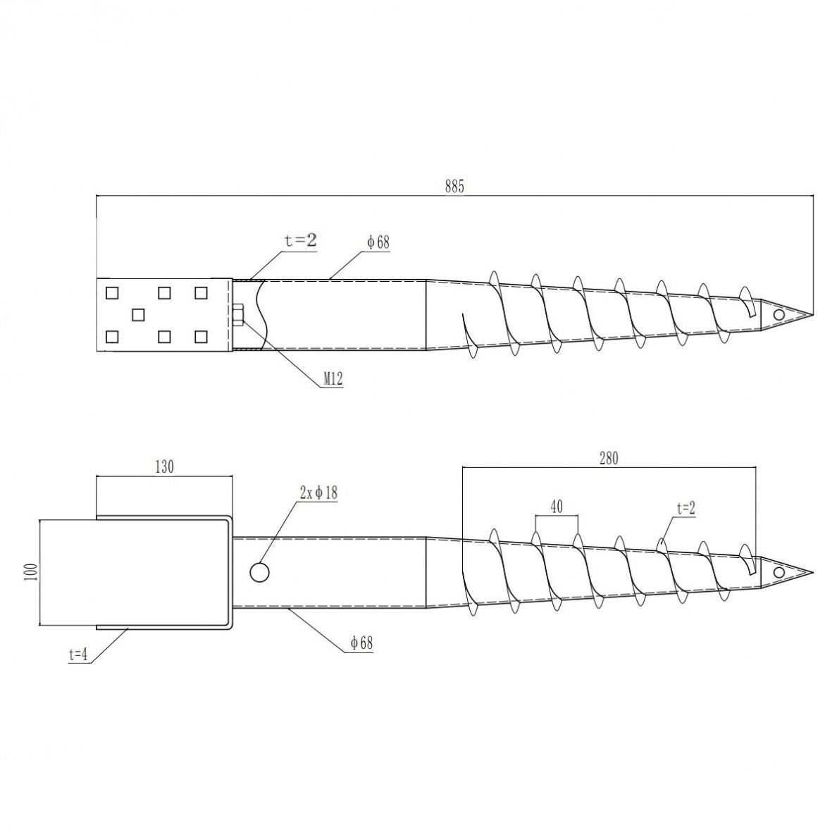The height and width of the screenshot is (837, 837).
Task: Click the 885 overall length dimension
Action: click(x=455, y=186)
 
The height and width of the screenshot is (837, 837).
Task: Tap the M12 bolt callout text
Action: click(x=333, y=378)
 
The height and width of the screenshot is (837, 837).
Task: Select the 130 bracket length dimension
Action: click(x=164, y=466)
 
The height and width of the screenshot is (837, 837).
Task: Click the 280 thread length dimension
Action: click(x=609, y=458)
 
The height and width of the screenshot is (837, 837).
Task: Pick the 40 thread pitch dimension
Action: click(x=556, y=506)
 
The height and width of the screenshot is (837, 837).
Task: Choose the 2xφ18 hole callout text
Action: click(x=318, y=492)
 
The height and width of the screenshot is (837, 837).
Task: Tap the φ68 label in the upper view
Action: click(x=378, y=242)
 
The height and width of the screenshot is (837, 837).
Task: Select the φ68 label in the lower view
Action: click(x=361, y=643)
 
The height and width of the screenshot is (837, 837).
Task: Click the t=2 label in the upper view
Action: click(x=301, y=240)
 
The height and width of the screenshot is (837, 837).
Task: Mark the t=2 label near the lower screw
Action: click(x=686, y=508)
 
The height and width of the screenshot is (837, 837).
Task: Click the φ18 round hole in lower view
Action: click(x=259, y=572)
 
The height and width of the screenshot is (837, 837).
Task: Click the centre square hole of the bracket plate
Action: click(x=138, y=315)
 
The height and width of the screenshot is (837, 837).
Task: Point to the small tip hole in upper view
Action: click(x=779, y=315)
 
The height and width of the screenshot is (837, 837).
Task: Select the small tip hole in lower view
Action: click(x=779, y=573)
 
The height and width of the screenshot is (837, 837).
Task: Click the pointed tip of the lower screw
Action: click(x=814, y=573)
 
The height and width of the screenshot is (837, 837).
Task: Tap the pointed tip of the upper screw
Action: click(x=814, y=315)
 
